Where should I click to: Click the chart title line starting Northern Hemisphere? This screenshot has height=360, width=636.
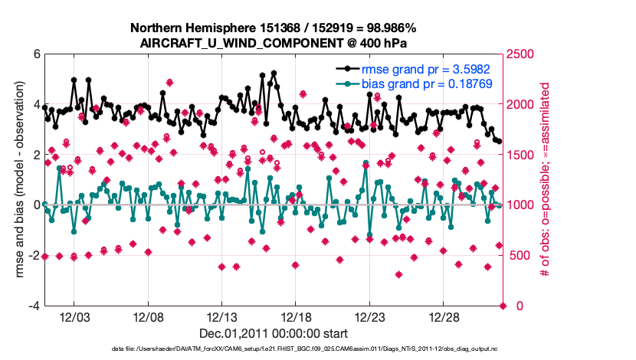[274, 28]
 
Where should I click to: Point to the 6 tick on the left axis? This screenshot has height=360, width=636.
[36, 54]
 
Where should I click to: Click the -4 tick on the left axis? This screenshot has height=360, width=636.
[34, 306]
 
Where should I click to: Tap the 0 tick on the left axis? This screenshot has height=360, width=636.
[36, 205]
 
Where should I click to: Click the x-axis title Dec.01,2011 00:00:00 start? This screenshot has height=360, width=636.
[274, 333]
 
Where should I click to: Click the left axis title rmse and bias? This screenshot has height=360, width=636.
[16, 180]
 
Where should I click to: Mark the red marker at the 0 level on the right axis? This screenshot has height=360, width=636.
[503, 306]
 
